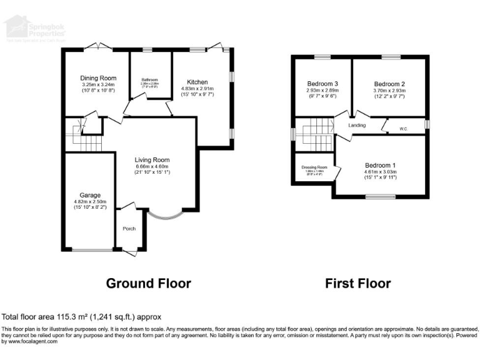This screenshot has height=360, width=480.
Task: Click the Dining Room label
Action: (x=99, y=78)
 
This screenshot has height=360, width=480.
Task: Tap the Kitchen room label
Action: (x=197, y=82)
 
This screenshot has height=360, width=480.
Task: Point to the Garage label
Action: (x=90, y=195)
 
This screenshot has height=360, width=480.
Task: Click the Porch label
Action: (x=129, y=229)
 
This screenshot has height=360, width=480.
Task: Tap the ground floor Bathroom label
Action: (x=150, y=80)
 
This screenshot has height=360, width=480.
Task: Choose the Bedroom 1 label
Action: (x=381, y=165)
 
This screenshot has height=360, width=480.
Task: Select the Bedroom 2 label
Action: (x=389, y=84)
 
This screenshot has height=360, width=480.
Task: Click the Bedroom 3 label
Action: (x=322, y=84)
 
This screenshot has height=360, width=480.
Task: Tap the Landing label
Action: (x=357, y=126)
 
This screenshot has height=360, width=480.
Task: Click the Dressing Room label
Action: (x=314, y=167)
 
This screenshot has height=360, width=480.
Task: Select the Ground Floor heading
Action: (x=148, y=283)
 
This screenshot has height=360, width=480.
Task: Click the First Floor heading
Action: (x=358, y=283)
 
